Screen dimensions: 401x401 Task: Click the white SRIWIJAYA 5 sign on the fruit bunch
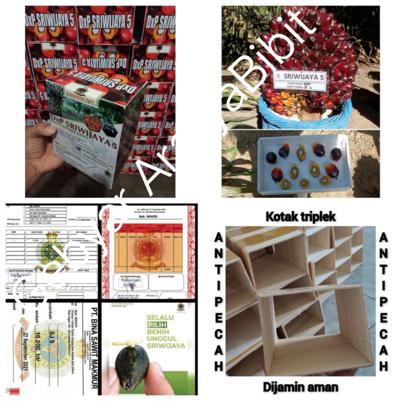[x=299, y=79]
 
